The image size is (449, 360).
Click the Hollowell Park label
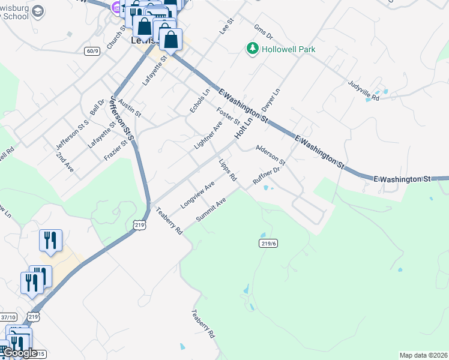pyautogui.click(x=289, y=49)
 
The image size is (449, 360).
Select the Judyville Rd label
pyautogui.click(x=364, y=90)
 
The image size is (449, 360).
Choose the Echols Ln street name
pyautogui.click(x=200, y=101)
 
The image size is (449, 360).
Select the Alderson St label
pyautogui.click(x=270, y=154)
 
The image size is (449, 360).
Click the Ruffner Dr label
pyautogui.click(x=267, y=176)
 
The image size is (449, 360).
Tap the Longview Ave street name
pyautogui.click(x=197, y=195)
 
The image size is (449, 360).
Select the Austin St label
pyautogui.click(x=130, y=108)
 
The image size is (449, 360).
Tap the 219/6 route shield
pyautogui.click(x=268, y=243)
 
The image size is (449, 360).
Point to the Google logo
pyautogui.click(x=20, y=353)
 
